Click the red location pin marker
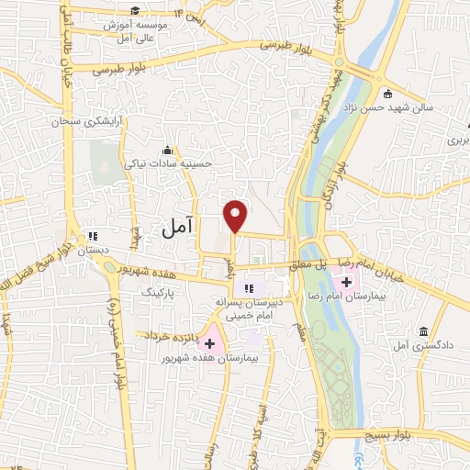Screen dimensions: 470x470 (237, 214)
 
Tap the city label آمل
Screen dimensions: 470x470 (173, 229)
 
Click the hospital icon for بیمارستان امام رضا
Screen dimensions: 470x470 (359, 281)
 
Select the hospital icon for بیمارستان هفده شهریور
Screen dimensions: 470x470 (209, 342)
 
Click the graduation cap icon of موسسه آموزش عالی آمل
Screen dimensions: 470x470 (135, 11)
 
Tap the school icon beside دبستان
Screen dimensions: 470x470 (90, 235)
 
